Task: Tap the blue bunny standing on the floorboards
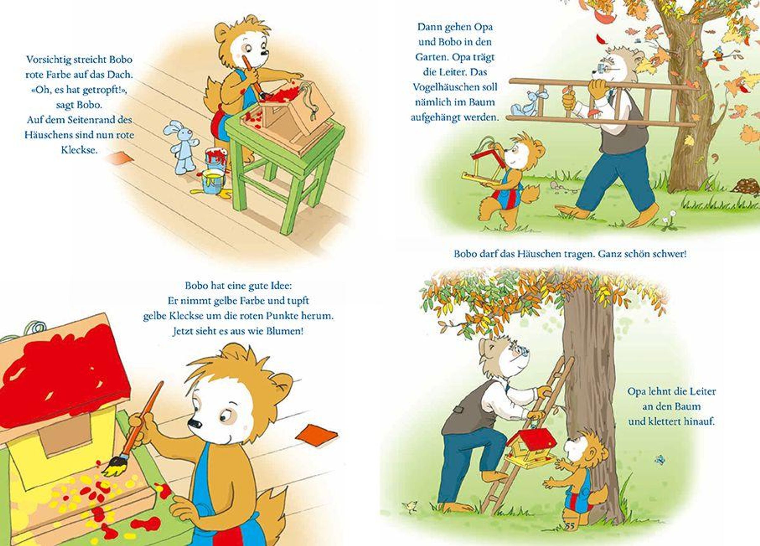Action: pyautogui.click(x=182, y=147)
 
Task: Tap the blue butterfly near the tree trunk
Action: pyautogui.click(x=660, y=460)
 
